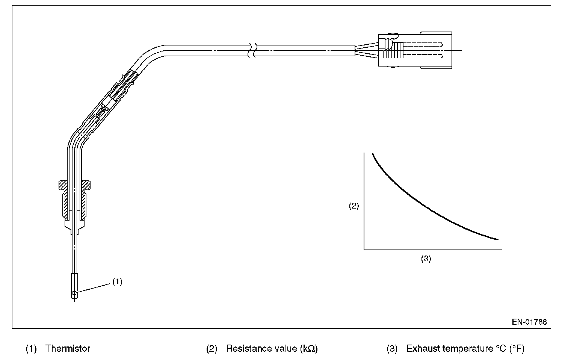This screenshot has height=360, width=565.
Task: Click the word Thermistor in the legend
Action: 68,349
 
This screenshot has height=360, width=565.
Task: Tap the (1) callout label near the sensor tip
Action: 118,281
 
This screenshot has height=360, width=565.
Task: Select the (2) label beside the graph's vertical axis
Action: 354,206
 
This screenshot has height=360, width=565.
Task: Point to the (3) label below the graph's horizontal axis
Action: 426,259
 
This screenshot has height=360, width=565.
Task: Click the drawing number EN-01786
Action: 529,322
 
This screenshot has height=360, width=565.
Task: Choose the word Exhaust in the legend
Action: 423,349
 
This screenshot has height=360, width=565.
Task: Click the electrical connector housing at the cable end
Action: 413,50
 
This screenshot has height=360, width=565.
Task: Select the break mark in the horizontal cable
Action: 252,50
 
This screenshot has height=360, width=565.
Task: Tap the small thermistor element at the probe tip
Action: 74,293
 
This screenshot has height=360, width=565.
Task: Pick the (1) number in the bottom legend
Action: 31,349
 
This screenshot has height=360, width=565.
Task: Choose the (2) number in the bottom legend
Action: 212,349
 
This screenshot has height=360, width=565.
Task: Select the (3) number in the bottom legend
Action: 392,349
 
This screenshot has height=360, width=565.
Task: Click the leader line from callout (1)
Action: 94,289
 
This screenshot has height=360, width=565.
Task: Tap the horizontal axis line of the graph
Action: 432,249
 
